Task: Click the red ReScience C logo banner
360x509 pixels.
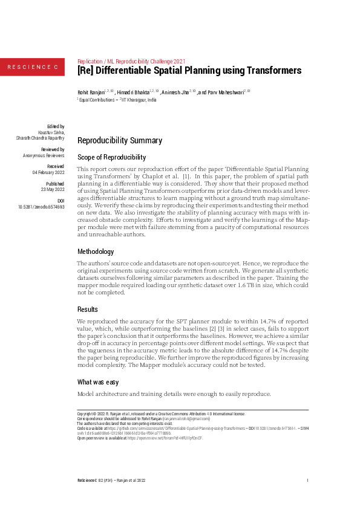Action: coord(32,66)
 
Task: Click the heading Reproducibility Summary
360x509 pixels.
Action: coord(120,141)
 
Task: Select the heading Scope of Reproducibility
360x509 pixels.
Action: coord(112,157)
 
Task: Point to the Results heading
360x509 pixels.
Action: coord(88,308)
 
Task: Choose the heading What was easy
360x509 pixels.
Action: coord(100,382)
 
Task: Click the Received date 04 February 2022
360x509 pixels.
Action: coord(48,172)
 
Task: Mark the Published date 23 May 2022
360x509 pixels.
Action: coord(52,189)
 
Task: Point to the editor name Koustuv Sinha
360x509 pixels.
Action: coord(51,132)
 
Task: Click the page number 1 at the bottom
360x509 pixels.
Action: coord(308,480)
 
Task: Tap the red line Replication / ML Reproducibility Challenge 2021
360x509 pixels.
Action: coord(133,61)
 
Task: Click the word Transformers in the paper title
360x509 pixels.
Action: coord(268,71)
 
